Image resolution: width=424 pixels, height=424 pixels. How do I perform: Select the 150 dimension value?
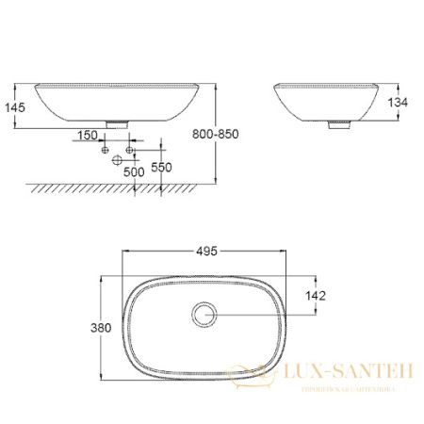(x=88, y=137)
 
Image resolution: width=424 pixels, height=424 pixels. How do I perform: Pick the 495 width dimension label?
(x=206, y=251)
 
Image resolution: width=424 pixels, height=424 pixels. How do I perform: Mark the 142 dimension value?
(x=316, y=296)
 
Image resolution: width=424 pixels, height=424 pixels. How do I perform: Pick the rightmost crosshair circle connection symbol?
(x=131, y=149)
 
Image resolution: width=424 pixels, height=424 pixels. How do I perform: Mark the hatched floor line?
(x=113, y=188)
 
